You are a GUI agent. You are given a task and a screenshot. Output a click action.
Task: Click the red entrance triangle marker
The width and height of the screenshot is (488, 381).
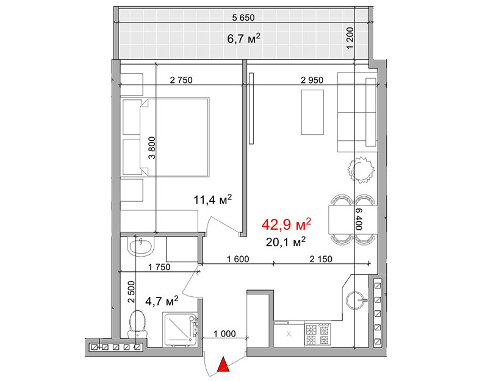(x=223, y=365)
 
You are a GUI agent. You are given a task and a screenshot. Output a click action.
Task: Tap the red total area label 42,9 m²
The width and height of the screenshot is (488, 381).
(x=286, y=224)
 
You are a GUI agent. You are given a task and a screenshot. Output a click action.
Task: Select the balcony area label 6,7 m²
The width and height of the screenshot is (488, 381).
(x=243, y=39)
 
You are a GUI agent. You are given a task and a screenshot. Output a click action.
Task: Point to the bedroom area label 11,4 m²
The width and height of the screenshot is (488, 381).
(x=213, y=199)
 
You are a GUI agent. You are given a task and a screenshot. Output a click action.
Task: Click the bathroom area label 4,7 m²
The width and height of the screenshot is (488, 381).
(x=162, y=301)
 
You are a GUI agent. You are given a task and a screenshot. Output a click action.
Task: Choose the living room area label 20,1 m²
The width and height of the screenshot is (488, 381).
(x=285, y=241)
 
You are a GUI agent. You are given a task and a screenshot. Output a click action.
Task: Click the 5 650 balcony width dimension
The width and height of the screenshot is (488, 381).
(x=243, y=18)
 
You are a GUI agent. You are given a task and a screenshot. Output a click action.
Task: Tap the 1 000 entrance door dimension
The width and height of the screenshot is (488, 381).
(x=224, y=334)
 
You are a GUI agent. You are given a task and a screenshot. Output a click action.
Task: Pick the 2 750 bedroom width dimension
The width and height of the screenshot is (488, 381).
(x=181, y=80)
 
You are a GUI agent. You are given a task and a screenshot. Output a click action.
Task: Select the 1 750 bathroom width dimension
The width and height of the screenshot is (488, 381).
(x=159, y=267)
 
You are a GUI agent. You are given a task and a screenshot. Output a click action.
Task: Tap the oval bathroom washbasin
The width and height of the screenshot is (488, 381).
(x=141, y=246)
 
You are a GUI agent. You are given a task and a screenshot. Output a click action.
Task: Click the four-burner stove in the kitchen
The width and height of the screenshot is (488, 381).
(x=318, y=335)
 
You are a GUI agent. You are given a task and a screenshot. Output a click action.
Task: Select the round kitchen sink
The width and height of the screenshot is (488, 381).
(x=355, y=301)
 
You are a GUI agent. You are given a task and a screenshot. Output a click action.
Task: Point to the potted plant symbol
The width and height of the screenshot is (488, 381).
(x=361, y=169)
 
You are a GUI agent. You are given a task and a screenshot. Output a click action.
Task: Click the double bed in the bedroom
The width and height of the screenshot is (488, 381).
(x=166, y=137)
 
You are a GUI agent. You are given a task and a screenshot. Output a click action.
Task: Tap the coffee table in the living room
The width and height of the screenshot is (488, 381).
(x=312, y=112)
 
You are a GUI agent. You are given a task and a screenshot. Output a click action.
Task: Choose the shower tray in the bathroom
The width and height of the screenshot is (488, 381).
(x=179, y=330)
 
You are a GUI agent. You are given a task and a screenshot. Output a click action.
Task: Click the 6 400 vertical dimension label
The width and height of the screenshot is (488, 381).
(x=359, y=219)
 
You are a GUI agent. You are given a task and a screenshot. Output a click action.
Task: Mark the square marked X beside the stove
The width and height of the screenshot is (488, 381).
(x=289, y=335)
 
